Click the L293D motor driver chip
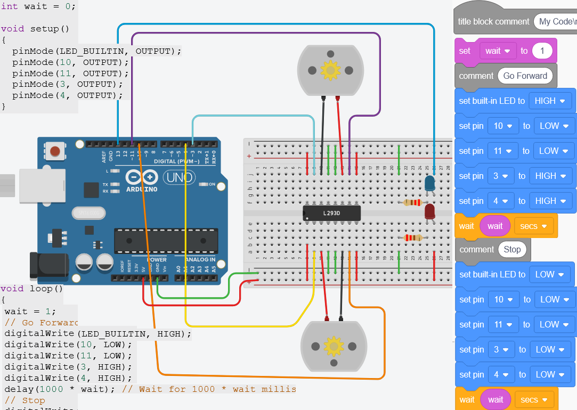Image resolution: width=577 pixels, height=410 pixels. point(331,213)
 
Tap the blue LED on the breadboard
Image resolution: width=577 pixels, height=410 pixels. point(429,184)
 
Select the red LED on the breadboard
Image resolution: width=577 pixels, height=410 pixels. point(429,212)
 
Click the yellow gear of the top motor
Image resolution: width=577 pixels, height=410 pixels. point(331,70)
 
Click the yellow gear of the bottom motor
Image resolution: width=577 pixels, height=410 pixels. point(334,346)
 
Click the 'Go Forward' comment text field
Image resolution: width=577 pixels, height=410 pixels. point(525,76)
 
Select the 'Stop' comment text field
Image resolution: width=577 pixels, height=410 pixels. point(512,249)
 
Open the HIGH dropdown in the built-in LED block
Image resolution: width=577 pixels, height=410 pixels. point(550,101)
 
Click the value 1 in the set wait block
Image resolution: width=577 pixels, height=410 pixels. point(542,51)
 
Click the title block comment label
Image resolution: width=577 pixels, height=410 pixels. point(493,22)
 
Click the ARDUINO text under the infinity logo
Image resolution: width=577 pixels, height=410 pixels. point(142,190)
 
